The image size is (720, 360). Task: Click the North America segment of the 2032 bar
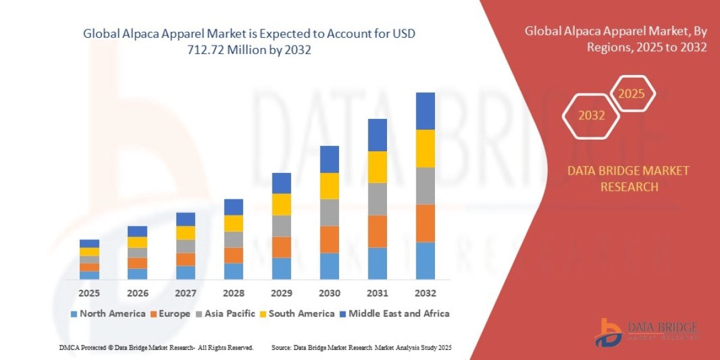click(425, 260)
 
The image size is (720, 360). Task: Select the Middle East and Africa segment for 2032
click(425, 111)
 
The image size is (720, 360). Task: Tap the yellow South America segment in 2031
click(377, 167)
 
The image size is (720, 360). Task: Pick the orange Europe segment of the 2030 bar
click(329, 239)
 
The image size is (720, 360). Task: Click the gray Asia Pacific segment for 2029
click(281, 226)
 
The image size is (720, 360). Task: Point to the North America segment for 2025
click(89, 275)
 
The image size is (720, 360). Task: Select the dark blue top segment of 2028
click(233, 207)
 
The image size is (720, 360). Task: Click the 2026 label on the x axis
click(137, 293)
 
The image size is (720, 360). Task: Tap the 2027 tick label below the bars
click(185, 293)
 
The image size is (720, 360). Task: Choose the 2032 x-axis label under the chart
click(425, 293)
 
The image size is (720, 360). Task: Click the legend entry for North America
click(108, 313)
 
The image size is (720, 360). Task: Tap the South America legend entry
click(296, 313)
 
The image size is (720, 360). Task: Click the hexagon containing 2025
click(631, 94)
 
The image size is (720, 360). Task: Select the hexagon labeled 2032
click(591, 116)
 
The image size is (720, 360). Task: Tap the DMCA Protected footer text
click(156, 347)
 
